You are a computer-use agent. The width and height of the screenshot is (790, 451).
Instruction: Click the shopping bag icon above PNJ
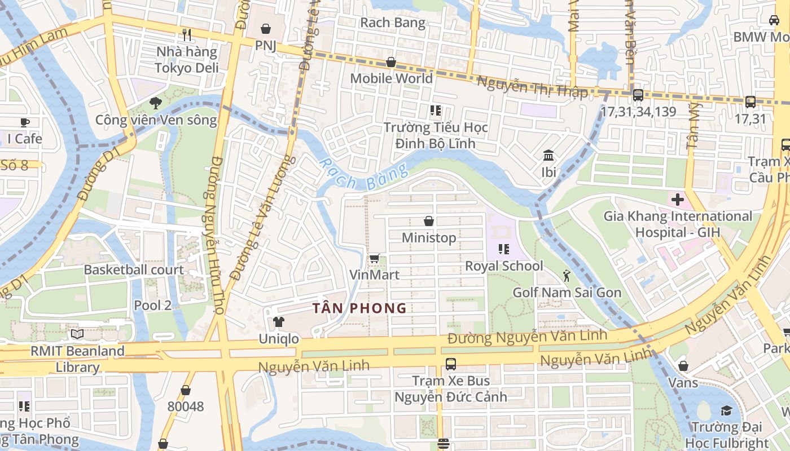266,28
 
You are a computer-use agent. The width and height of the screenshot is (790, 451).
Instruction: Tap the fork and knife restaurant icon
187,35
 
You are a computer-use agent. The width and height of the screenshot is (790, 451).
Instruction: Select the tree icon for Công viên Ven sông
155,103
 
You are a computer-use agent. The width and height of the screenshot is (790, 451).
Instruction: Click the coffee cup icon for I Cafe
24,122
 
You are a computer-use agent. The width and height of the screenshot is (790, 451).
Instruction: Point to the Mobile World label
391,78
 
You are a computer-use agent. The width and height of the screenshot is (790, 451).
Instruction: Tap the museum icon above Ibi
548,155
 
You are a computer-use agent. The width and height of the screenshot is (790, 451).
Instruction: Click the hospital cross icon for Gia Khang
677,199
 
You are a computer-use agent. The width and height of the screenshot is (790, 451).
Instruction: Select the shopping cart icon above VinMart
374,259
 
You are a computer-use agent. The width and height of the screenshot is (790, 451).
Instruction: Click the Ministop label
429,238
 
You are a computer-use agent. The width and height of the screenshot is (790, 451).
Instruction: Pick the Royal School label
504,266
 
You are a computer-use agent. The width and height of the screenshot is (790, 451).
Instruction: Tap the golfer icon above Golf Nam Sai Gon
567,276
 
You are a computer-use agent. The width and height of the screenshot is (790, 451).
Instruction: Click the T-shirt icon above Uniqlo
278,322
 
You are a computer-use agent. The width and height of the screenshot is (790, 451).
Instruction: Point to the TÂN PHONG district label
360,308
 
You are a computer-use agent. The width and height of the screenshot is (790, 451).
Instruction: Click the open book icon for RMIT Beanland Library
77,334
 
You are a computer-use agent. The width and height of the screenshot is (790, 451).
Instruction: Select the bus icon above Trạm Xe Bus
450,364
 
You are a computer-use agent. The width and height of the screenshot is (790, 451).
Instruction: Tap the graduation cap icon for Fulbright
726,410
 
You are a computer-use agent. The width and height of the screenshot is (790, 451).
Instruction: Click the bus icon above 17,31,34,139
638,95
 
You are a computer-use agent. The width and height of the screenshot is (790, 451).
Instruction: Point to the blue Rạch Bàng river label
362,175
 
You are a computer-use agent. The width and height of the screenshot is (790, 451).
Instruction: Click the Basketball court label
134,270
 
